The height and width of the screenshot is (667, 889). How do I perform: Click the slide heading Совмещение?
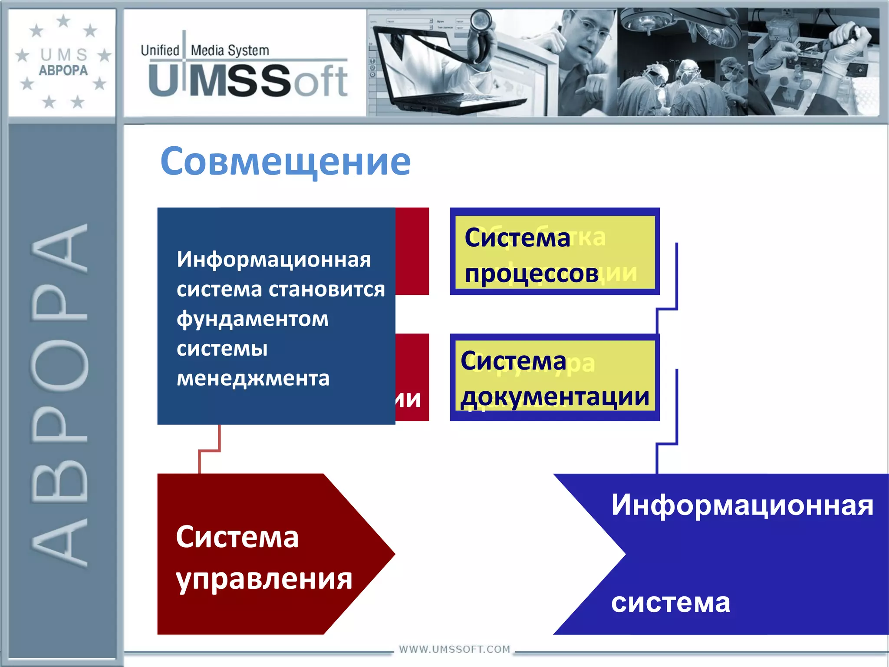coord(285,162)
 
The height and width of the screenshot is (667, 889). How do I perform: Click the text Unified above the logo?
coord(160,50)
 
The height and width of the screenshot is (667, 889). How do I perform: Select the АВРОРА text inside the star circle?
coord(63,70)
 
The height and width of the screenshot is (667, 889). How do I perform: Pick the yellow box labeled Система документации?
coord(554,378)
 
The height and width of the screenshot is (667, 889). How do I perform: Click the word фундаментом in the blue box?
coord(253,319)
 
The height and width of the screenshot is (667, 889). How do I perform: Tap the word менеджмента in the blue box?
coord(253,378)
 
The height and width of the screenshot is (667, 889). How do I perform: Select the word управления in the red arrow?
coord(264,579)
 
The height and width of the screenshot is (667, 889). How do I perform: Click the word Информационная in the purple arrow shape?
coord(742,505)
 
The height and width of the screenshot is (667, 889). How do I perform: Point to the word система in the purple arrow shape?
coord(671,603)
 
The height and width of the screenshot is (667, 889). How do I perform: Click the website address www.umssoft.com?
coord(454,649)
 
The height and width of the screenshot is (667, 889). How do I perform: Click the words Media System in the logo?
coord(230,50)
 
